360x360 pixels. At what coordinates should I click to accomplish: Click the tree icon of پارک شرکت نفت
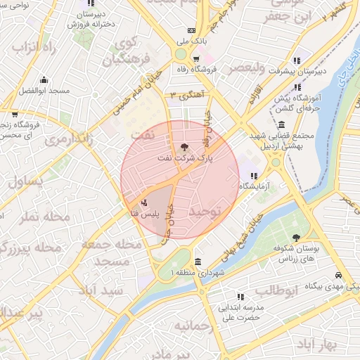click(x=184, y=147)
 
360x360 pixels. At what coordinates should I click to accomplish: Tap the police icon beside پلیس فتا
click(x=144, y=202)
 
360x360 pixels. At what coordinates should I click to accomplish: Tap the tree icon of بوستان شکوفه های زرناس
click(x=296, y=238)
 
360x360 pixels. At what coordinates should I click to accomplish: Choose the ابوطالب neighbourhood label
click(x=276, y=290)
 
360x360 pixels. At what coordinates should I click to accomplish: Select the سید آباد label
click(x=103, y=290)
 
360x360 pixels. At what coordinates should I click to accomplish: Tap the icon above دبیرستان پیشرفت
click(x=296, y=60)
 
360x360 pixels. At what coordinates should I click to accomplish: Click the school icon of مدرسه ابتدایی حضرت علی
click(x=240, y=297)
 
